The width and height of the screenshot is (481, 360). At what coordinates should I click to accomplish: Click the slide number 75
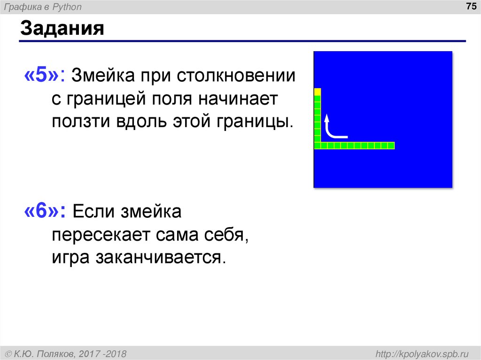tap(470, 7)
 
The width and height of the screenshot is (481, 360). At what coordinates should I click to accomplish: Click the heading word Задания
tap(62, 29)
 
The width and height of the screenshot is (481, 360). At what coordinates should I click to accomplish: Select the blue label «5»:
tap(46, 76)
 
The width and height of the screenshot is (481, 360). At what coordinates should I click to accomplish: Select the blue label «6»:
tap(46, 212)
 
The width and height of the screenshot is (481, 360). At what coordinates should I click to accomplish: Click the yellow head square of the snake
tap(318, 92)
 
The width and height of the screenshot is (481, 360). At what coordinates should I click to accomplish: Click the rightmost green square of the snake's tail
tap(391, 146)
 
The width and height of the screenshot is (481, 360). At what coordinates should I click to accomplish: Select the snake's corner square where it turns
tap(318, 146)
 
